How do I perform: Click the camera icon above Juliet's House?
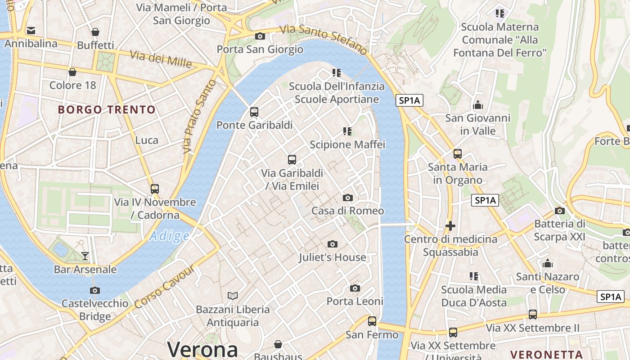[x=333, y=244]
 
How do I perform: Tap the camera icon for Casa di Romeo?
[x=347, y=198]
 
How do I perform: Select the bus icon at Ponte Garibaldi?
[x=254, y=112]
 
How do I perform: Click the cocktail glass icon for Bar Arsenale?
[x=85, y=256]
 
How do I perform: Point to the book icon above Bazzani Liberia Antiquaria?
[x=232, y=296]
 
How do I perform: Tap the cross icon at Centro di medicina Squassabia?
[x=450, y=225]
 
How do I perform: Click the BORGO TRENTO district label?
[x=107, y=109]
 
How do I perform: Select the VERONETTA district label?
[x=547, y=354]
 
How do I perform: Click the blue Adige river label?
[x=169, y=236]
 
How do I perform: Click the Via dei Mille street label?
[x=161, y=59]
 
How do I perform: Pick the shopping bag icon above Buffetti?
[x=95, y=32]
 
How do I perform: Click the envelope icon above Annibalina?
[x=31, y=31]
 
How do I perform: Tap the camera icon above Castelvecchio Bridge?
[x=95, y=290]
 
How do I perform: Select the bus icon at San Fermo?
[x=372, y=321]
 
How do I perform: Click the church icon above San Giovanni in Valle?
[x=478, y=105]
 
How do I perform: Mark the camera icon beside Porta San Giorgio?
[x=260, y=36]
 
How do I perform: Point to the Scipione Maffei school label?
[x=347, y=144]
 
